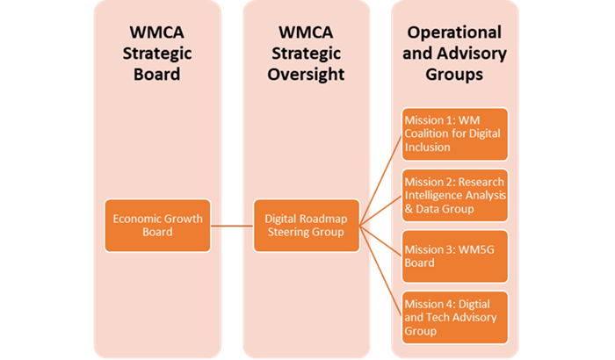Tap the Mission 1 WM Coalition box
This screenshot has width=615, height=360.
(454, 134)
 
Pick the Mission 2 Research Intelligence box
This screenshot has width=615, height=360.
(454, 195)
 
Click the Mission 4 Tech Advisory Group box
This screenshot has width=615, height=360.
(454, 316)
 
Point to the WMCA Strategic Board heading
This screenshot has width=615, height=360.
(155, 53)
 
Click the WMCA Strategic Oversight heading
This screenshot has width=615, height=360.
(304, 53)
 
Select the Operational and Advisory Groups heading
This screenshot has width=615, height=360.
(454, 53)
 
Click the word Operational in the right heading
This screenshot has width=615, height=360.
(454, 32)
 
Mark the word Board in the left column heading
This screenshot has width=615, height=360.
(155, 75)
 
